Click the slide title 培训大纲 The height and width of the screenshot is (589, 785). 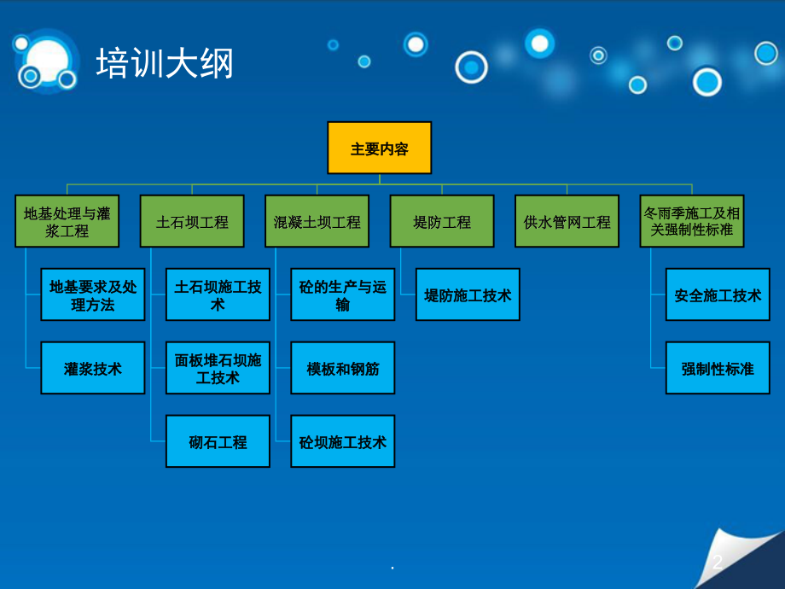point(165,64)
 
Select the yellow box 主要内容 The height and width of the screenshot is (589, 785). point(380,149)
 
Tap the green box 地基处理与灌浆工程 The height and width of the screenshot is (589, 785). point(67,222)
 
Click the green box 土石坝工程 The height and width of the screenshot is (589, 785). point(192,222)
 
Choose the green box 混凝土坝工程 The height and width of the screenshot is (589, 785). point(317,222)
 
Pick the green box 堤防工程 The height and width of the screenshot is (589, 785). point(442,222)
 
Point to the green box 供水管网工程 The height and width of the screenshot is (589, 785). point(567,222)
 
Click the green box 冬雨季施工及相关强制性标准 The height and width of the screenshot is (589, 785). point(692,222)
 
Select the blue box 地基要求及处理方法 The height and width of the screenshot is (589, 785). point(93,295)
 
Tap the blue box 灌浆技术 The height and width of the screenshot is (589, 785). point(93,369)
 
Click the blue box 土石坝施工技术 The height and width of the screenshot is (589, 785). point(218,295)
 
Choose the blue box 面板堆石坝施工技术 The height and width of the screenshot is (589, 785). point(218,369)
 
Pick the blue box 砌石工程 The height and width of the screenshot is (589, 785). point(218,442)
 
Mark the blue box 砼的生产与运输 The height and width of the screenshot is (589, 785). point(343,295)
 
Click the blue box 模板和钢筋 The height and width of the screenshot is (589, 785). point(343,369)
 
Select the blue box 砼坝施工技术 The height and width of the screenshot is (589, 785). point(343,442)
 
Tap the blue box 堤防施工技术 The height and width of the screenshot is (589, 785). point(468,295)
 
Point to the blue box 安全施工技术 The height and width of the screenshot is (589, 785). point(718,295)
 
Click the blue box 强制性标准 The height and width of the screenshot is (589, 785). point(718,369)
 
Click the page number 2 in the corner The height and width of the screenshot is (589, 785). point(718,562)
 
